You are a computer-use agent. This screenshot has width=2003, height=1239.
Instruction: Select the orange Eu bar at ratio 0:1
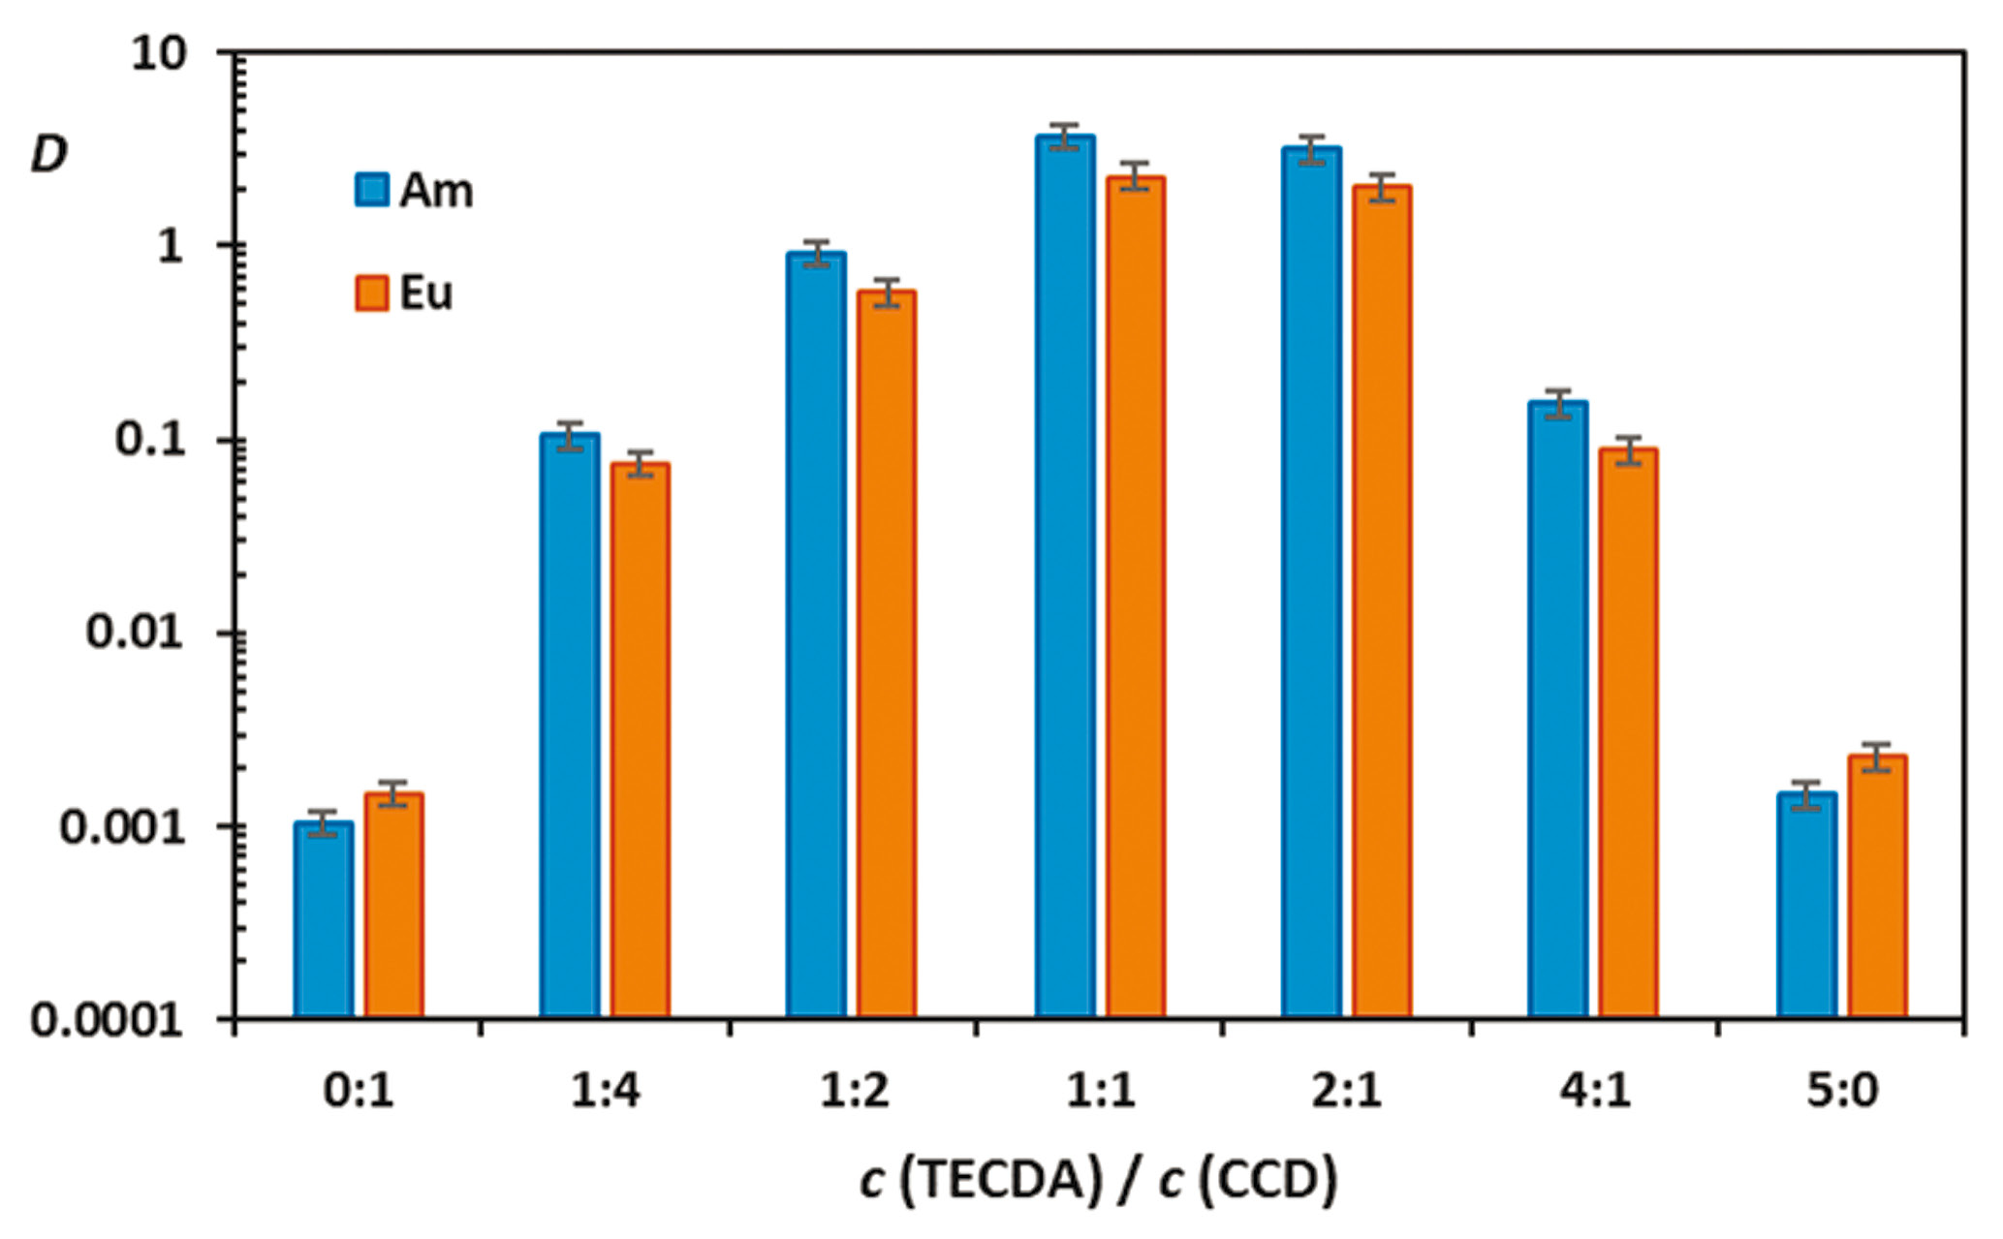[393, 906]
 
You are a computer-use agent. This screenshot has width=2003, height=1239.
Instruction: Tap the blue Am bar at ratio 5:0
[1806, 906]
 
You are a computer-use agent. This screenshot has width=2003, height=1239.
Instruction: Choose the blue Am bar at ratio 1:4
[570, 726]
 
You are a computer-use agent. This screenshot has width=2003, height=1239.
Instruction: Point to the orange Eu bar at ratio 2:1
[1382, 602]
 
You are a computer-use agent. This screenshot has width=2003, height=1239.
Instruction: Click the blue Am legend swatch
[372, 190]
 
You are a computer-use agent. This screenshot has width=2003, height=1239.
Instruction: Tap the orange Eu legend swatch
[372, 293]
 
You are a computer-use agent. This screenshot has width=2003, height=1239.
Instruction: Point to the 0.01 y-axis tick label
[134, 633]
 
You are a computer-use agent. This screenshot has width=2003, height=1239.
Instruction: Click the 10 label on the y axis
[157, 54]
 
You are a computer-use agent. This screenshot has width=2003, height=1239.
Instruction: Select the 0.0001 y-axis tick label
[107, 1020]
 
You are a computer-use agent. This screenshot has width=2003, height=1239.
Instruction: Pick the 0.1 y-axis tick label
[149, 440]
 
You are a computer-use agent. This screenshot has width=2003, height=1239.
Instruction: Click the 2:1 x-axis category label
[1347, 1092]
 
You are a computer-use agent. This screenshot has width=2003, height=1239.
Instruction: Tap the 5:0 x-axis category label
[1841, 1092]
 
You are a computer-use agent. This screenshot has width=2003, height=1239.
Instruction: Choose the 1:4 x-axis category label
[605, 1092]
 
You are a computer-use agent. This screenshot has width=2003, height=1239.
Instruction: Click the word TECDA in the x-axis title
[1014, 1180]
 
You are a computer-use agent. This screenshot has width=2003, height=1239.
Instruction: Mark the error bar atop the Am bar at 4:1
[1558, 403]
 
